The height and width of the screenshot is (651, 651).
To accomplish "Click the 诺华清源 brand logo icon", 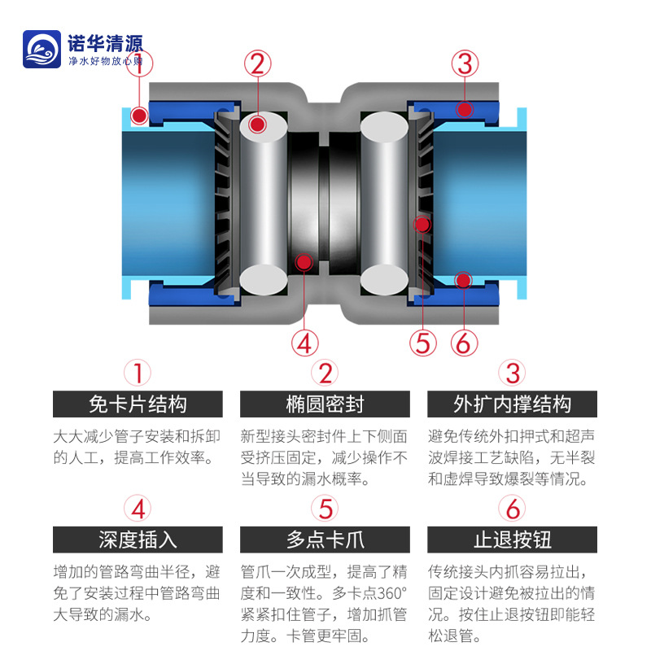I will [43, 51].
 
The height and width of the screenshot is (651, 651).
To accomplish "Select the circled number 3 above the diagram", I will [464, 63].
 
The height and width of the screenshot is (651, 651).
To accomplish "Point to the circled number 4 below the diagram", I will [304, 343].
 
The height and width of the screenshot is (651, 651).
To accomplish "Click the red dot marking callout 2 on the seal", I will [258, 125].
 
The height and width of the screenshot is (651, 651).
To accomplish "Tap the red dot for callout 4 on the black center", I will [304, 262].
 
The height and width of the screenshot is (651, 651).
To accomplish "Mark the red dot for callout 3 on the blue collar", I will [464, 108].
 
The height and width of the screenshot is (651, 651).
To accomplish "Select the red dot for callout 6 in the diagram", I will [463, 281].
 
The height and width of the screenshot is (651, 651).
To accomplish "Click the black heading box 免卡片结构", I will [138, 404].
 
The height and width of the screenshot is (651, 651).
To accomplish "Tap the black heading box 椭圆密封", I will [325, 404].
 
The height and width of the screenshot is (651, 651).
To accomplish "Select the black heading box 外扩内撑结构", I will [512, 404].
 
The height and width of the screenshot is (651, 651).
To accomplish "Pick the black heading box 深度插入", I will [138, 539].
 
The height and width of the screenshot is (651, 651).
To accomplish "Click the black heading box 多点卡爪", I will [325, 539].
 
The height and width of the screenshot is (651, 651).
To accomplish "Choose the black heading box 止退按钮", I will [512, 539].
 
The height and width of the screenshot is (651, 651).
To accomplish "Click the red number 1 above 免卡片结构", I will [138, 374].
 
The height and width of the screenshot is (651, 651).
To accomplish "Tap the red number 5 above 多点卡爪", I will [325, 509].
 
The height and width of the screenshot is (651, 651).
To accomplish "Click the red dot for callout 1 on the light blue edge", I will [140, 116].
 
